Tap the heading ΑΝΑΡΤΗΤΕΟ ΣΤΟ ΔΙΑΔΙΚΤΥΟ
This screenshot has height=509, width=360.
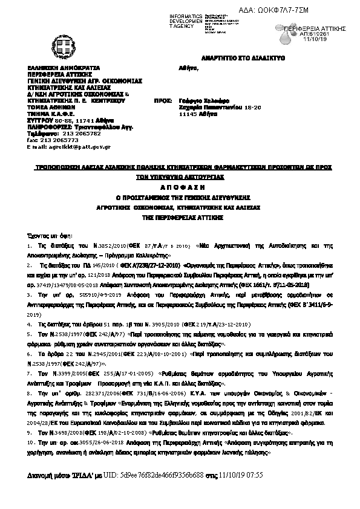243,57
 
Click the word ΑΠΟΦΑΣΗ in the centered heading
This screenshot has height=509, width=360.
180,188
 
